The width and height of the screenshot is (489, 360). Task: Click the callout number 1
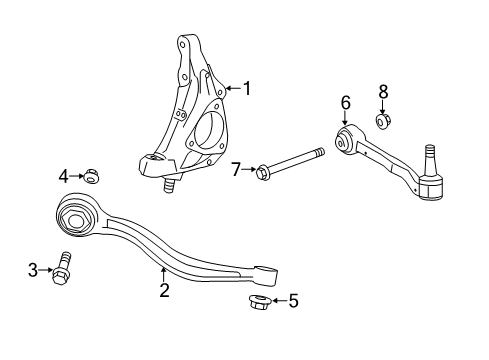pos(247,88)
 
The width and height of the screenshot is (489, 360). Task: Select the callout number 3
pos(32,269)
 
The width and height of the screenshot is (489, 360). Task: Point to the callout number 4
pos(63,177)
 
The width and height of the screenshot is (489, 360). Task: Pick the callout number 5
pos(293,300)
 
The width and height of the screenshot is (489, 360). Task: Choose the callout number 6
pos(345,102)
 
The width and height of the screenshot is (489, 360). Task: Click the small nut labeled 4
pos(88,178)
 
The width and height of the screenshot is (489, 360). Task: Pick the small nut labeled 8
pos(383,121)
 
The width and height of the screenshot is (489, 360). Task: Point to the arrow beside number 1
pos(232,88)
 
